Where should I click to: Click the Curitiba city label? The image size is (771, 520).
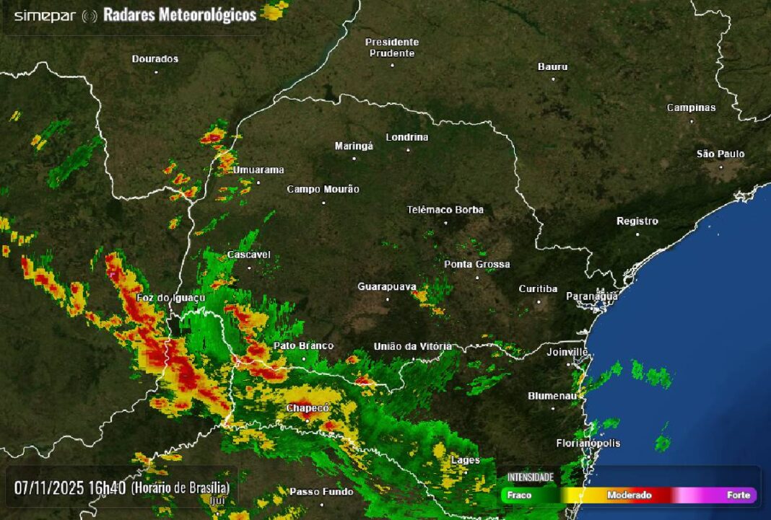(538, 289)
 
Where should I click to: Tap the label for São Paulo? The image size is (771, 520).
(720, 154)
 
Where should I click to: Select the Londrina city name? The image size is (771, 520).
(407, 137)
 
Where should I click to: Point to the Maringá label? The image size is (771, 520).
(354, 146)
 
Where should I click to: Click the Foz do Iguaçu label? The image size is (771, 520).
(171, 298)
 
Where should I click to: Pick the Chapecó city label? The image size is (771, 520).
(308, 408)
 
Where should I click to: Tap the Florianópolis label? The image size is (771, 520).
(588, 443)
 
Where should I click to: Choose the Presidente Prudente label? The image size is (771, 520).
(392, 48)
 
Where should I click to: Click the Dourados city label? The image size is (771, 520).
(155, 59)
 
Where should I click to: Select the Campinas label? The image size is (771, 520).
(691, 108)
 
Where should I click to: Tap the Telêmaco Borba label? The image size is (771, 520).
(445, 210)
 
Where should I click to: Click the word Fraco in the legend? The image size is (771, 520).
(519, 495)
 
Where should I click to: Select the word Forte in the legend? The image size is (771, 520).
(738, 495)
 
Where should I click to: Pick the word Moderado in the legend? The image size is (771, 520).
(629, 495)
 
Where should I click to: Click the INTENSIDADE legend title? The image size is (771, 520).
(530, 477)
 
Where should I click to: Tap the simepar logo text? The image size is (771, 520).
(45, 16)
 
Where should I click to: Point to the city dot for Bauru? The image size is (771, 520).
(554, 79)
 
